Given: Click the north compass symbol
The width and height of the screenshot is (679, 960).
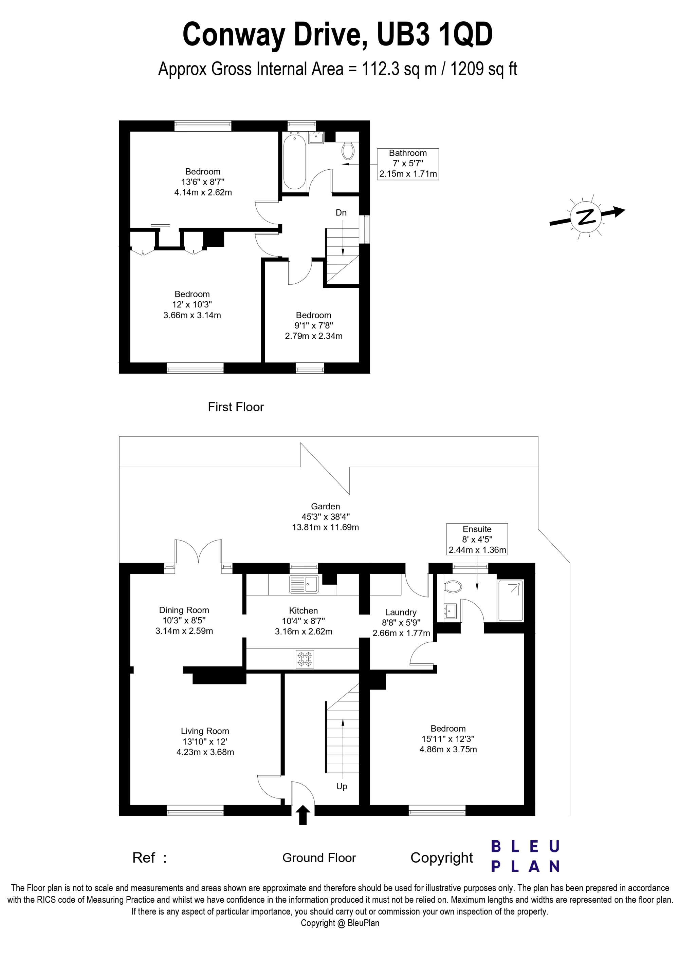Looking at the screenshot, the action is coord(587,217).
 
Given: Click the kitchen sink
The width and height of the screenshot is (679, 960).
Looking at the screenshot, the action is coord(304,584).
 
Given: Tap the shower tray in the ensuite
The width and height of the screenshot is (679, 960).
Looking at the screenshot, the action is coord(510,600).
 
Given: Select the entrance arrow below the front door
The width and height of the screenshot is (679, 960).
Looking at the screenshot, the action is coord(303,815).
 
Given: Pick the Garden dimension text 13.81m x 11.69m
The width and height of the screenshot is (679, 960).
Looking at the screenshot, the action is coord(326,527).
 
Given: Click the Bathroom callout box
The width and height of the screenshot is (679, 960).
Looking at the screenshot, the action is coord(408,164).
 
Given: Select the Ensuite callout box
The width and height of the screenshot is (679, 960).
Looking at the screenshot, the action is coord(477,539).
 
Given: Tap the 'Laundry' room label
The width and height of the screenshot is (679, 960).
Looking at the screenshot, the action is coord(401,612).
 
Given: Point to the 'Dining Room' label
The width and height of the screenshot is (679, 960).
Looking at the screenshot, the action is coord(184,610).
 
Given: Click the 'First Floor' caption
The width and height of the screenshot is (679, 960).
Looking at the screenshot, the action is coord(236,407).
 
